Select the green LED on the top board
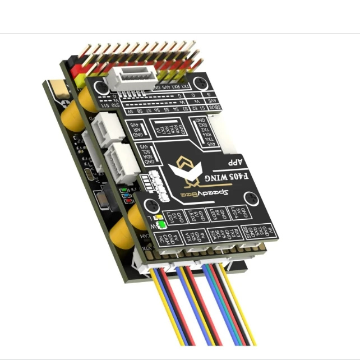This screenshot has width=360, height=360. (x=161, y=225)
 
